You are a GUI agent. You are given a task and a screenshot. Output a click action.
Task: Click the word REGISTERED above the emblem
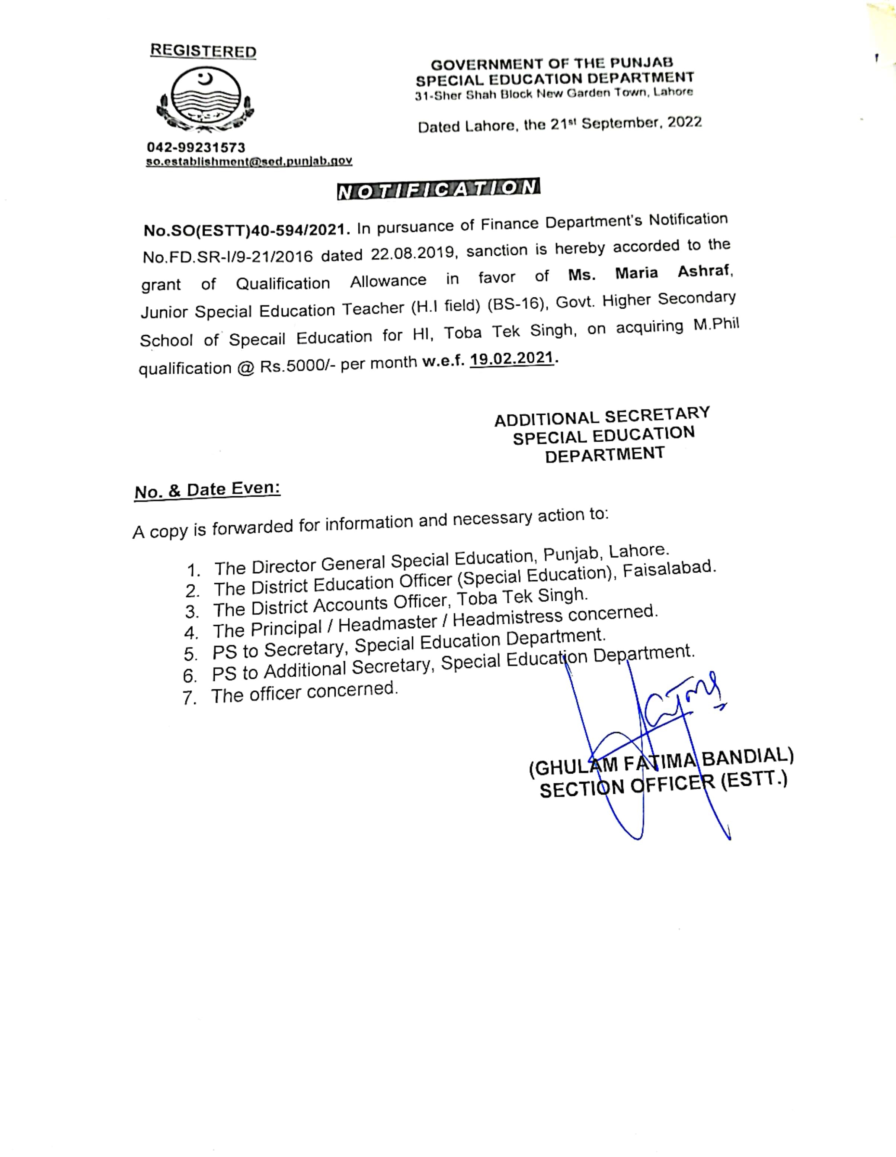[203, 51]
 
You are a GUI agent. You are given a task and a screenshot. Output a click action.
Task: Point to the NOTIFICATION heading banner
[438, 188]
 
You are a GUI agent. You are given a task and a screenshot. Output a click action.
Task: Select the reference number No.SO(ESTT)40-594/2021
[247, 230]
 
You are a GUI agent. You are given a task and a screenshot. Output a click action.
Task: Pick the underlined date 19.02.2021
[512, 359]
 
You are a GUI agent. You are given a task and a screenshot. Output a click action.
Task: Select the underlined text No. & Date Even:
[207, 490]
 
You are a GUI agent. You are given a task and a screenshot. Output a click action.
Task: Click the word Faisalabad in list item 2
[670, 569]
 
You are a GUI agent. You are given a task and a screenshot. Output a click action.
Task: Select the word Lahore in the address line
[673, 92]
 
